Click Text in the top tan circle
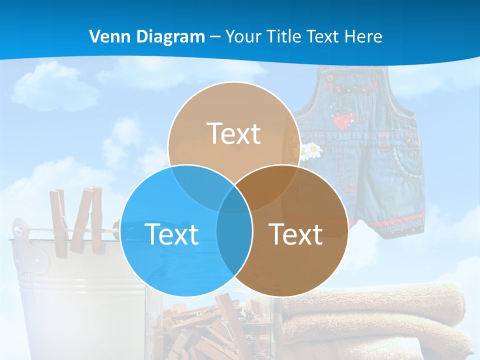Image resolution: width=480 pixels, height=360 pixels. pos(234,133)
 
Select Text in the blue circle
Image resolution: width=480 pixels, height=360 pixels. pos(171,234)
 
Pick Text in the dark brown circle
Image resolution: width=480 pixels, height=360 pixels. pos(296,234)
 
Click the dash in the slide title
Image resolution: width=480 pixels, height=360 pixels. pos(215,37)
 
